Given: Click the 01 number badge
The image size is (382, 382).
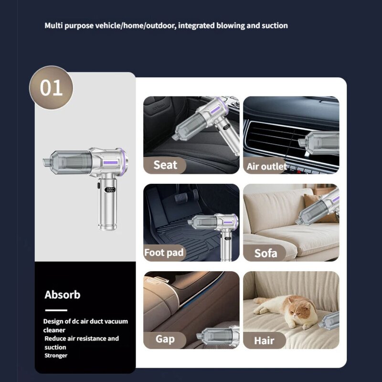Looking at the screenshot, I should point(51,88).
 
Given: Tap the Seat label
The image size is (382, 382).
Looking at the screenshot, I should point(165,165).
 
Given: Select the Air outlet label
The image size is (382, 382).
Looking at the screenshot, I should point(266,167).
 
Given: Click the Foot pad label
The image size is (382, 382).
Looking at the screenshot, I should point(164,252).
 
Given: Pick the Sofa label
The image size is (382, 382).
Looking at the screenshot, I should point(265,253).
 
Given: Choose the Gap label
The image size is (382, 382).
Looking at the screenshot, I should point(165,340).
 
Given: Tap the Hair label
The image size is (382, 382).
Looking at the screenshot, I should point(264,340).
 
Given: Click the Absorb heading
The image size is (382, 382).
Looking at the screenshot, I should point(63,295).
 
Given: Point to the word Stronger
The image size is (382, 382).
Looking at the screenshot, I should point(56,355).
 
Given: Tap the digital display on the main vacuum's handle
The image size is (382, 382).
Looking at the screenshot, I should point(110,190).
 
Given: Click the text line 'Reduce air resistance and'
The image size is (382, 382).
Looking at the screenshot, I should point(81,339).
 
